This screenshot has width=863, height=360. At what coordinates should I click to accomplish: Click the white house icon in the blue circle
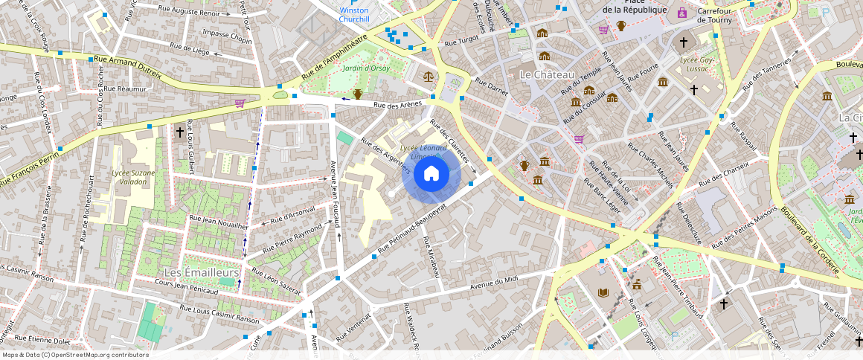pos(431,175)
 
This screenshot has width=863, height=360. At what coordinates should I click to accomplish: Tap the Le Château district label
pos(547,75)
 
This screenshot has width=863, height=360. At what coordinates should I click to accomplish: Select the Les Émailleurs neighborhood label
pos(201,273)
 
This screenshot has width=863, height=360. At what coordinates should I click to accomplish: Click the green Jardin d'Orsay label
pos(366,68)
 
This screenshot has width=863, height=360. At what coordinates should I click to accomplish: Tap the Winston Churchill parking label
pos(353,15)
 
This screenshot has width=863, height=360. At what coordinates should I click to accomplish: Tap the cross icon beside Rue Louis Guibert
pos(179,132)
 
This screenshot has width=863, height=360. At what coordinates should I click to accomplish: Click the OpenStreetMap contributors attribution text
pos(75,355)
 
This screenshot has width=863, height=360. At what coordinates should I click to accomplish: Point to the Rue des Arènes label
pos(397,104)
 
